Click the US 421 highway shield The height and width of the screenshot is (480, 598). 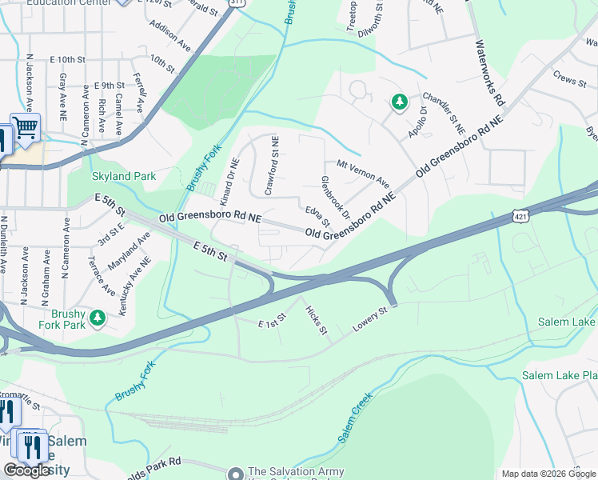click(520, 217)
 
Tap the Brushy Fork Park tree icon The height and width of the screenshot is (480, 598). click(98, 318)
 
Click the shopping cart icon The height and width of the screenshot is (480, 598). click(26, 129)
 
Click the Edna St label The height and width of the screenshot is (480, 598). click(317, 215)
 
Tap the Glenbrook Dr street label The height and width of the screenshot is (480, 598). click(335, 198)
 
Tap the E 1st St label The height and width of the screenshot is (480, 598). click(272, 324)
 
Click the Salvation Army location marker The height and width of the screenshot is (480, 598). click(236, 474)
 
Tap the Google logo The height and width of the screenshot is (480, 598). click(26, 470)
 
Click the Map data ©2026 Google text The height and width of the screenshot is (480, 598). click(548, 474)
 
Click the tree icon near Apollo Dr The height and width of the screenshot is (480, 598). click(399, 102)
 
